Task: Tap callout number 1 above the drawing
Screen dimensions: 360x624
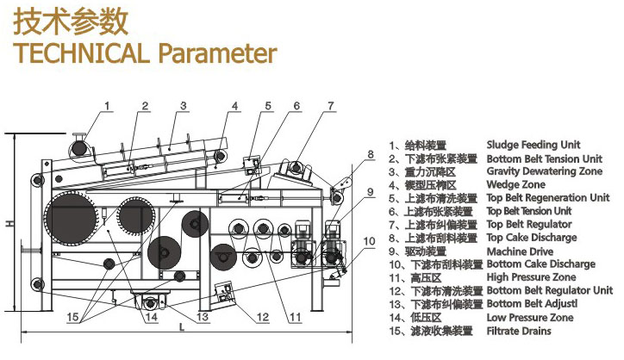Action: tap(107, 106)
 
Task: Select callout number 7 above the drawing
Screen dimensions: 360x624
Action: tap(330, 106)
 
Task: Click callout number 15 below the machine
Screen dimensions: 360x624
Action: tap(76, 317)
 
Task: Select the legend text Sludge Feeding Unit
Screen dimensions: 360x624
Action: tap(534, 145)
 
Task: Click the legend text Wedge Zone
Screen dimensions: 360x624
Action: tap(515, 184)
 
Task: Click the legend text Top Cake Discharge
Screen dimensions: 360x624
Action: tap(532, 237)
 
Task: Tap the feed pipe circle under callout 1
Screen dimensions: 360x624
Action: tap(80, 148)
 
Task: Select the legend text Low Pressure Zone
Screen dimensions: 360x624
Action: tap(530, 318)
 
